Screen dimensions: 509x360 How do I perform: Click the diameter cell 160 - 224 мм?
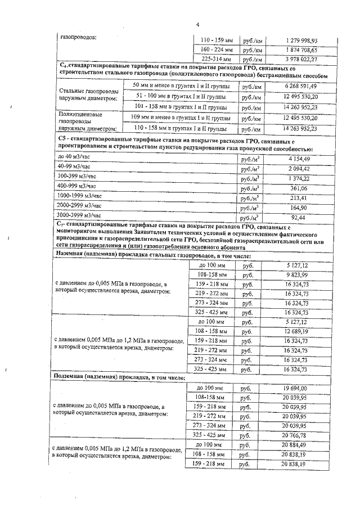(x=216, y=49)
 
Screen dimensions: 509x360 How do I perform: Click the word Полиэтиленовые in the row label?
(x=77, y=114)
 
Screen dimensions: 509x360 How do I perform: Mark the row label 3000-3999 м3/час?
(x=80, y=215)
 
